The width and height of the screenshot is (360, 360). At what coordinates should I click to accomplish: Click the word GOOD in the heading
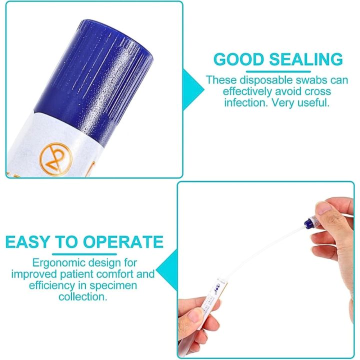coord(239,59)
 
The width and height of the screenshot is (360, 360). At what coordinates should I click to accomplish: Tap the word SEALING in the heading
coord(306,59)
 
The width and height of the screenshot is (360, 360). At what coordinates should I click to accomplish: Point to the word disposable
coord(261,80)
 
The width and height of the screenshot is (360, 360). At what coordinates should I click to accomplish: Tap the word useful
coord(313,104)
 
